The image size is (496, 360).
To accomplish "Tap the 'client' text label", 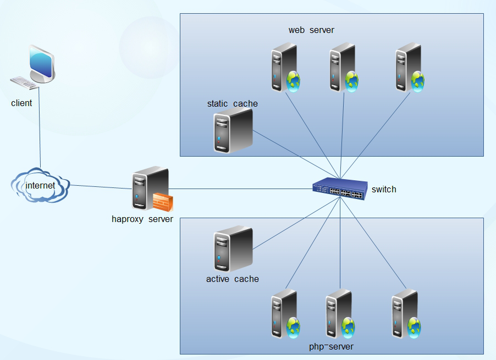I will click(21, 103).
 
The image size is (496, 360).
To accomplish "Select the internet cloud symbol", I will click(40, 186).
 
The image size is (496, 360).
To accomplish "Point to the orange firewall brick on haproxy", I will click(163, 202).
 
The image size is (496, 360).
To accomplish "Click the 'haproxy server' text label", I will click(142, 219).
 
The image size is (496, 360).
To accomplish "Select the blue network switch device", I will click(339, 189).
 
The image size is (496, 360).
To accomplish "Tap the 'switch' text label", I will click(384, 190).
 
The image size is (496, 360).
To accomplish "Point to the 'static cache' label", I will click(232, 103).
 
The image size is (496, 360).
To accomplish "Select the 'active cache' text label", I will click(232, 279).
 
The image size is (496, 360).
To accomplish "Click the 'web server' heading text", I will click(311, 30).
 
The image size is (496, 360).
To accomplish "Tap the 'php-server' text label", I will click(331, 347).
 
